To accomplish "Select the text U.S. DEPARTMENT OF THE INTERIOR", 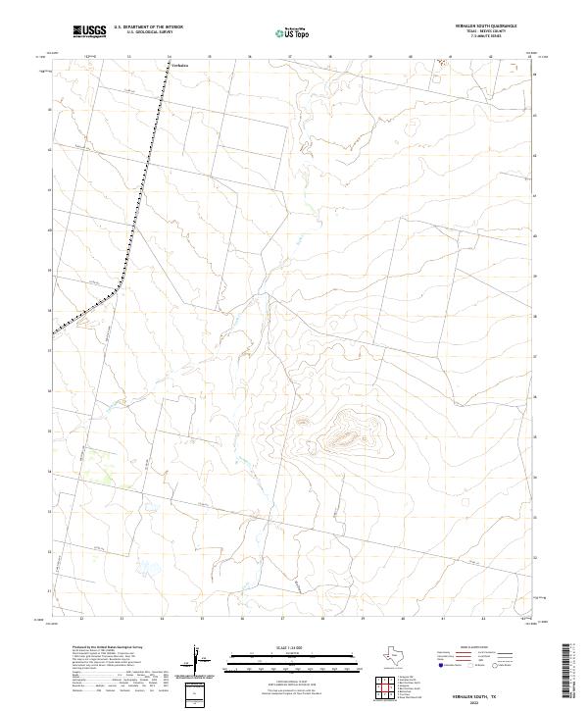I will (x=148, y=27).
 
